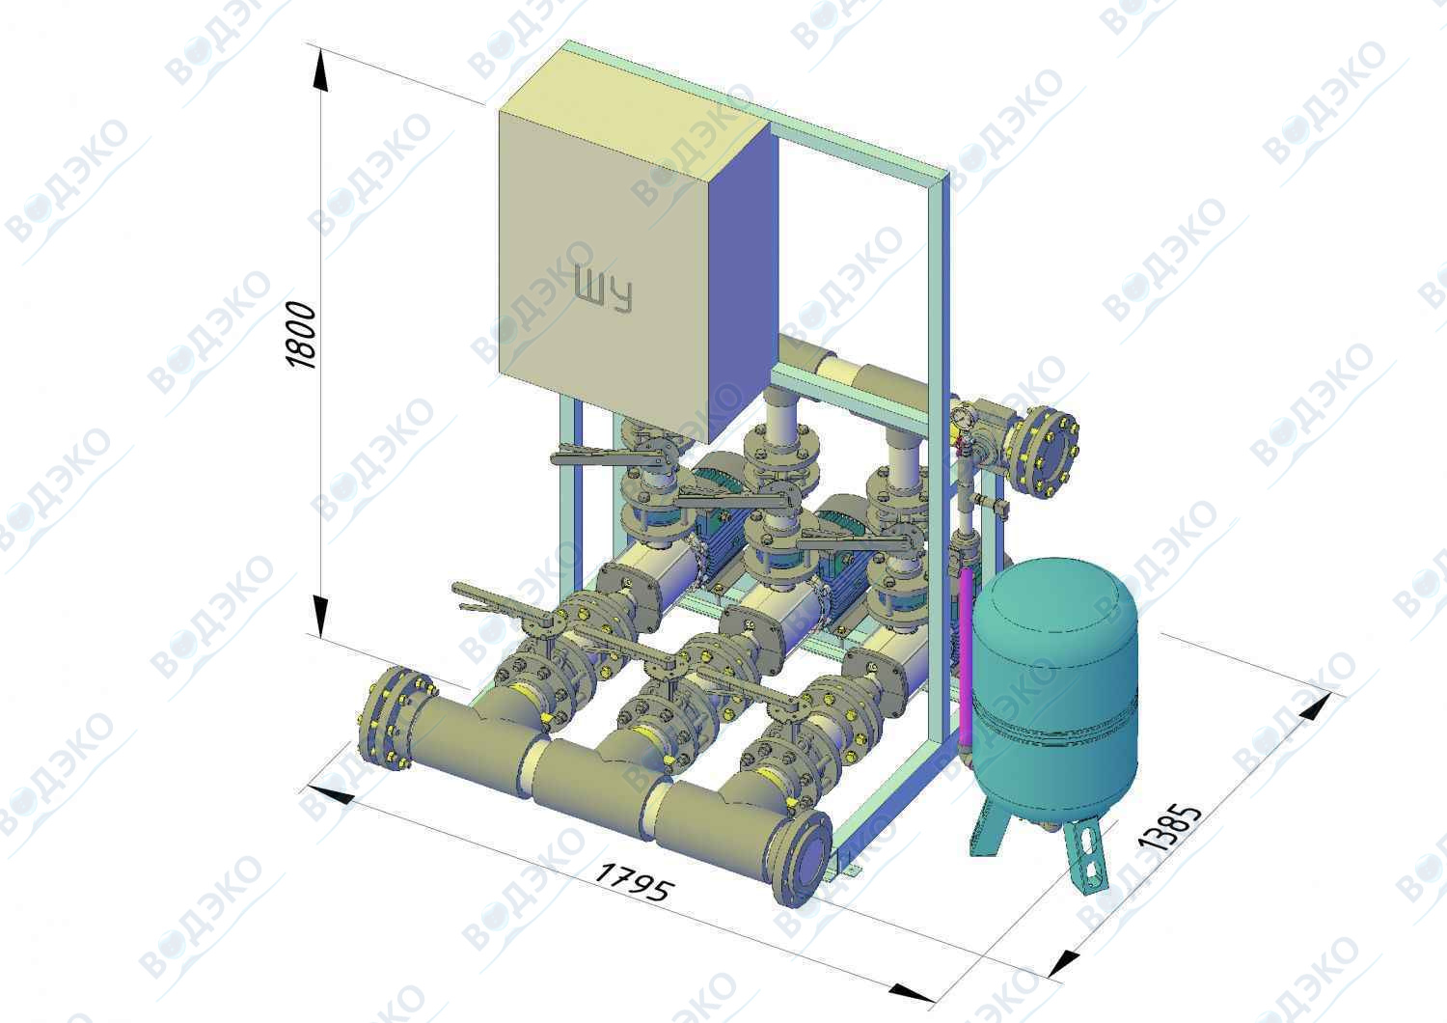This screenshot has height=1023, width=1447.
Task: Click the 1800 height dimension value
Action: pos(302,335)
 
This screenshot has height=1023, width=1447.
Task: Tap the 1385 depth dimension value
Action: pos(1170,828)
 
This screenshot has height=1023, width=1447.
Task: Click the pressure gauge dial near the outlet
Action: pos(961,418)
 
